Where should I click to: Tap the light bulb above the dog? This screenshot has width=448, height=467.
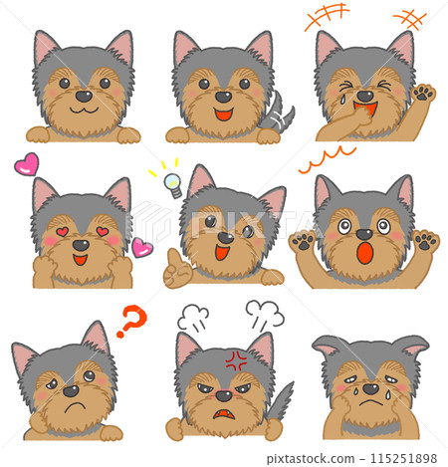[x=173, y=184]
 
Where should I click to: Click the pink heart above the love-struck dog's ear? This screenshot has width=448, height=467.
[x=27, y=164]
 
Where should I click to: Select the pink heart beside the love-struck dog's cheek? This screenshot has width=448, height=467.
[x=142, y=248]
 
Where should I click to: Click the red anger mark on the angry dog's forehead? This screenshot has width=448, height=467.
[x=236, y=359]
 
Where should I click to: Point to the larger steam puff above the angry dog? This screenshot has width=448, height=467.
[x=265, y=314]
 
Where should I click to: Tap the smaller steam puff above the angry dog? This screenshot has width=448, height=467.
[x=193, y=318]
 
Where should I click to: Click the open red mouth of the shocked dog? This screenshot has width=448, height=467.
[x=365, y=253]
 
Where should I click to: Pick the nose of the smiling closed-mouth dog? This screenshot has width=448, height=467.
[x=84, y=97]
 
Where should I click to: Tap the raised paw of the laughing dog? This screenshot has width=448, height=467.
[x=423, y=93]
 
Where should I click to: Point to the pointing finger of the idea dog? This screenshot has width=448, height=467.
[x=172, y=257]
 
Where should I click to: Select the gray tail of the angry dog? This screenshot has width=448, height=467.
[x=282, y=401]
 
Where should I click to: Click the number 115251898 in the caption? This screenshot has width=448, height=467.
[x=403, y=458]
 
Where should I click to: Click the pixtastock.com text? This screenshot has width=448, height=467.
[x=311, y=459]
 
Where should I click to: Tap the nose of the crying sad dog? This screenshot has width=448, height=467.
[x=370, y=388]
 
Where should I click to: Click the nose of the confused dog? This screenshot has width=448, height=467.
[x=72, y=390]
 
